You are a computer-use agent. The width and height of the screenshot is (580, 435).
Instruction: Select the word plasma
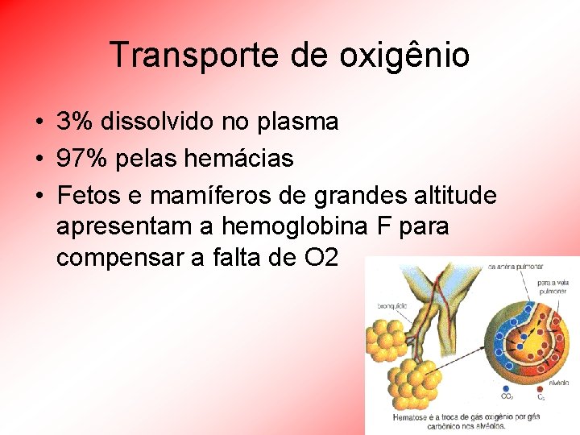tap(298, 122)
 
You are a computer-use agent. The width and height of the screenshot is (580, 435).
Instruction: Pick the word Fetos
tap(87, 196)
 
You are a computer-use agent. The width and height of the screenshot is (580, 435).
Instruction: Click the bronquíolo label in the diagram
tap(392, 306)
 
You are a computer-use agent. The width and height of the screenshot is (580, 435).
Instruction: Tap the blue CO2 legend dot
tap(506, 388)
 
